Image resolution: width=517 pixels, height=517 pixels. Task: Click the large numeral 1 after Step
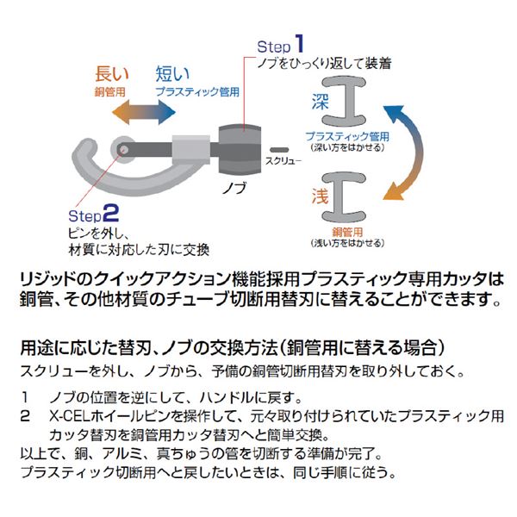coord(299,43)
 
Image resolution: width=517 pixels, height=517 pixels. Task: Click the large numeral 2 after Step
coord(111,214)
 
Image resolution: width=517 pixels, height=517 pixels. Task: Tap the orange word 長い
coord(111,73)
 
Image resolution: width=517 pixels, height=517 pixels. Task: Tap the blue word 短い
coord(172,73)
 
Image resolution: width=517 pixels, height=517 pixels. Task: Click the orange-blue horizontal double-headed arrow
coord(144,112)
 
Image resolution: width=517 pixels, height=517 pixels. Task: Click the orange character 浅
coord(320,196)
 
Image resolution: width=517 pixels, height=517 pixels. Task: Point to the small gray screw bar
coord(279,150)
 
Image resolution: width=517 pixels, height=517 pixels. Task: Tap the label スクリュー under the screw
coord(283,161)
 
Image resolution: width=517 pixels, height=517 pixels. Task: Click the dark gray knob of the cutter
coord(240,149)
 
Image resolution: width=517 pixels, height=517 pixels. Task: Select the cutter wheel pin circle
coord(123,149)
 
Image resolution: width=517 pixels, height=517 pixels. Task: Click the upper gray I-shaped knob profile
coord(344,102)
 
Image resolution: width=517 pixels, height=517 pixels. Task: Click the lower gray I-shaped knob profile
coord(344,196)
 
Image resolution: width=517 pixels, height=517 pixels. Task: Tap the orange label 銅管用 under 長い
coord(109,92)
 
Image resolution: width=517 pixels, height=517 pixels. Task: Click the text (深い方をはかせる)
coord(347,147)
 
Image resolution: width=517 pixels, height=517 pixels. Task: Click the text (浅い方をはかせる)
coord(347,243)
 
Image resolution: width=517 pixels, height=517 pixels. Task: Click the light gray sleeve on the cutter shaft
coord(191,150)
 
